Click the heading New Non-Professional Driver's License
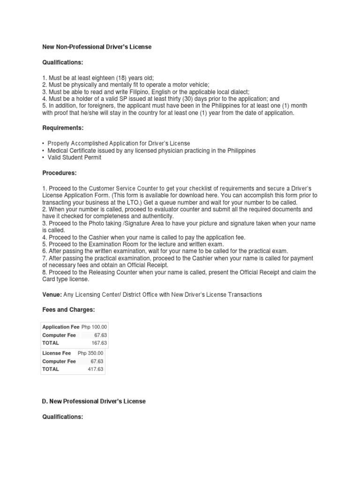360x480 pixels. tap(97, 47)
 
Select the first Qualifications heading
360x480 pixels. tap(63, 62)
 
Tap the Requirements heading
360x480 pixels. tap(63, 127)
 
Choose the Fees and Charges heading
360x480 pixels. tap(68, 310)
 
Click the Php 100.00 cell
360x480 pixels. tap(94, 327)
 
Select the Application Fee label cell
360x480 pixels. tap(61, 327)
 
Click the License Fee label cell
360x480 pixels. tap(57, 353)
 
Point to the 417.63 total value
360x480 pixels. tap(95, 369)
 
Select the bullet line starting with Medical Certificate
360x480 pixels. tap(151, 150)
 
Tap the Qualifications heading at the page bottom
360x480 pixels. tap(63, 416)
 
